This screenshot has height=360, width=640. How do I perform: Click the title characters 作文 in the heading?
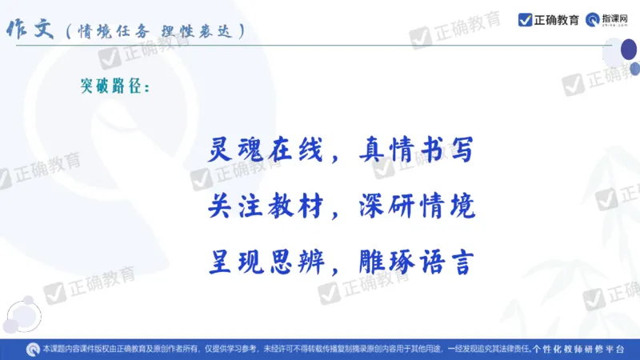[30, 30]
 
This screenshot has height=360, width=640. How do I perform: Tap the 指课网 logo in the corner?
[612, 20]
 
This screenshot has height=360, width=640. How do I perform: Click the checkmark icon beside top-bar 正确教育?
[526, 20]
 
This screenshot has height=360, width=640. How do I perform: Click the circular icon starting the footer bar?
[33, 350]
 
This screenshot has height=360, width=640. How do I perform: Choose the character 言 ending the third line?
[462, 262]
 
